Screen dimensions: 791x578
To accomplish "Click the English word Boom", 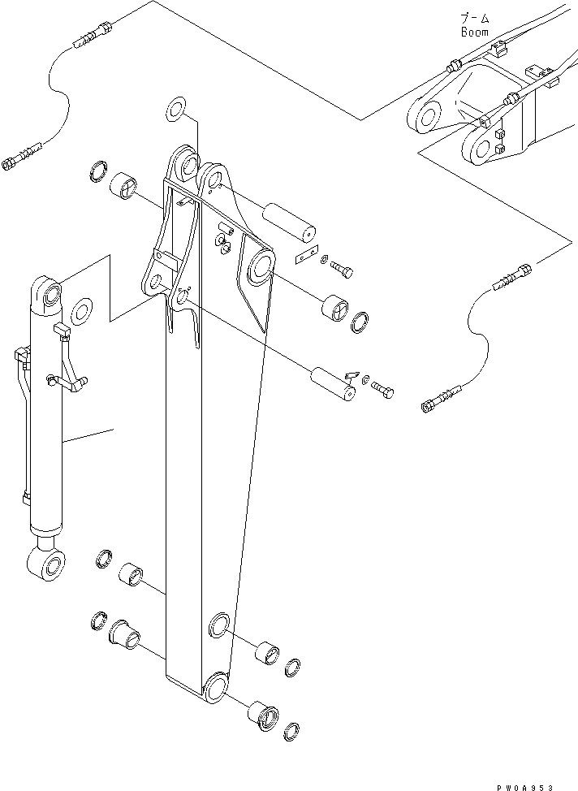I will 474,32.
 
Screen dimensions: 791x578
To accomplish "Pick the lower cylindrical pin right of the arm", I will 334,384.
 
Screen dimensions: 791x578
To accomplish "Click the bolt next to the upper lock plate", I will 342,267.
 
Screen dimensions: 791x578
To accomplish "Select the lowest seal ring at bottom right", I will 295,730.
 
